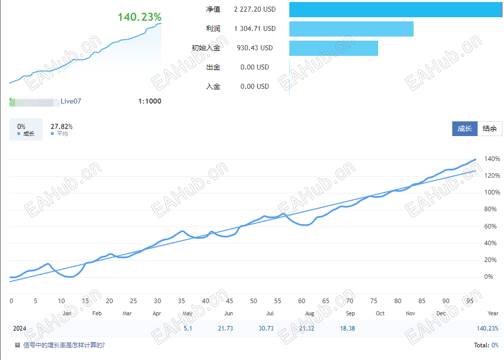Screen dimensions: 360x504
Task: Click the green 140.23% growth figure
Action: (x=140, y=17)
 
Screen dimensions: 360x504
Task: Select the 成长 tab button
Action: (x=464, y=128)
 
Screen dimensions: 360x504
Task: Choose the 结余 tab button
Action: (x=490, y=128)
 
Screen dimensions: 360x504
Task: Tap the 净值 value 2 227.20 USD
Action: (x=255, y=9)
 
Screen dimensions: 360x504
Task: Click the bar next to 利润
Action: (x=351, y=28)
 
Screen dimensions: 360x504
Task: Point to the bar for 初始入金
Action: (x=333, y=48)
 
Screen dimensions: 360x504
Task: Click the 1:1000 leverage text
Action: (x=150, y=101)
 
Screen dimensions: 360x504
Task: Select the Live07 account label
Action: (x=71, y=101)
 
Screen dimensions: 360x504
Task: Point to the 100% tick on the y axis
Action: (x=492, y=192)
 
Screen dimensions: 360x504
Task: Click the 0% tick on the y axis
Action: (x=488, y=277)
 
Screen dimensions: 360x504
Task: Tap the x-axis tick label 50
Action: (x=253, y=301)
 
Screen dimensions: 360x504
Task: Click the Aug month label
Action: (x=310, y=313)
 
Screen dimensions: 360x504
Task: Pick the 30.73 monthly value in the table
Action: (x=266, y=329)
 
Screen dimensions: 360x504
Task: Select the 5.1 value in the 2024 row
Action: (x=188, y=329)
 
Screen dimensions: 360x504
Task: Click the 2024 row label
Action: (x=20, y=329)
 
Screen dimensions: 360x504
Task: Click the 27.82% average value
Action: (x=61, y=126)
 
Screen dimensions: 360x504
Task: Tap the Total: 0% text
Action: (x=486, y=345)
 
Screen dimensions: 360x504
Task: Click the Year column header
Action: (x=492, y=313)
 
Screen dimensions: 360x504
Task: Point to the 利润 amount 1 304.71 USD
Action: (x=255, y=28)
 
